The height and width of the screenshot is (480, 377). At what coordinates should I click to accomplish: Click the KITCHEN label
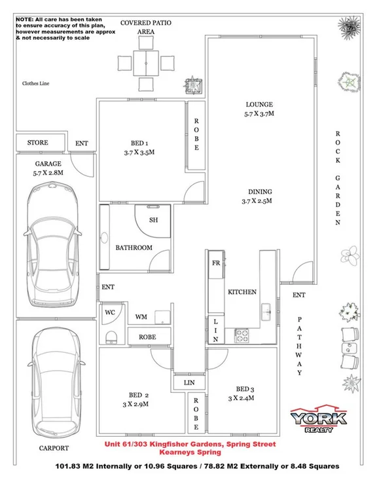242,291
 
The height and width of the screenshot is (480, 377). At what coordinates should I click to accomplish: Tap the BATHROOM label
134,248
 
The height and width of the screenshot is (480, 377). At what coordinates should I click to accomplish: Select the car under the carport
53,386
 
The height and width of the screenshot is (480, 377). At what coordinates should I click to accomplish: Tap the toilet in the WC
111,336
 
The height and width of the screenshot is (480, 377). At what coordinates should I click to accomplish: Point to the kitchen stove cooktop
242,335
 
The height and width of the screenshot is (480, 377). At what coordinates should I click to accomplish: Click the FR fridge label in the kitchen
216,263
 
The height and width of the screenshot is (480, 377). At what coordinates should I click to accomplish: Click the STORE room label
37,142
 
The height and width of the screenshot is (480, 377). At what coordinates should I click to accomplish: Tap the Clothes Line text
36,84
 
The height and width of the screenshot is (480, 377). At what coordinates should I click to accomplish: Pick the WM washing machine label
140,317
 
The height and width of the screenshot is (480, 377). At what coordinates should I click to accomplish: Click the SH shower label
154,220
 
